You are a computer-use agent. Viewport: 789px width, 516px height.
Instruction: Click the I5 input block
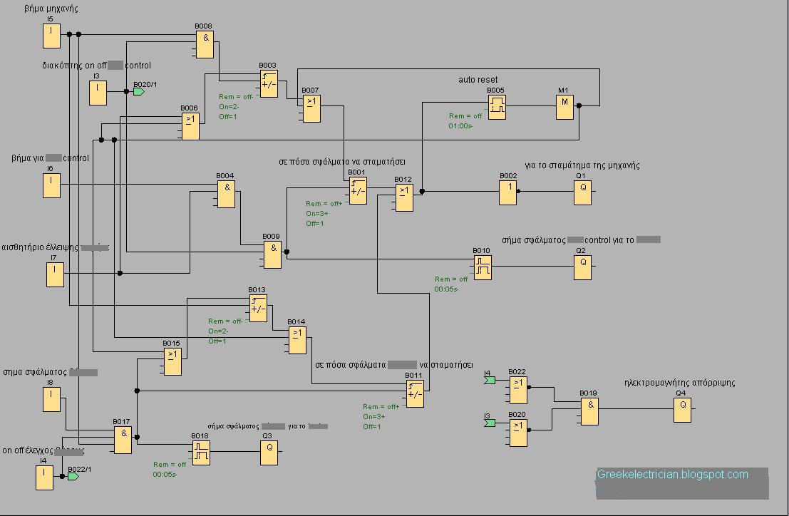(51, 36)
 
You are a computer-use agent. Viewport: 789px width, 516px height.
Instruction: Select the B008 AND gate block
(205, 44)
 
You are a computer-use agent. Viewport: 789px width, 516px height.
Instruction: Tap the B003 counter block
(269, 83)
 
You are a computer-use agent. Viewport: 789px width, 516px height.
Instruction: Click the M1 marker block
(564, 107)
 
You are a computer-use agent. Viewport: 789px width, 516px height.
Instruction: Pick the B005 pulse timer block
(497, 107)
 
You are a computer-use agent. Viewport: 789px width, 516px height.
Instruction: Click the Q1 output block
(582, 192)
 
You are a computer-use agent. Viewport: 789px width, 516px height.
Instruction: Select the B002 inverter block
(507, 192)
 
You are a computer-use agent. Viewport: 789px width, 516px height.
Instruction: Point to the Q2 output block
(582, 267)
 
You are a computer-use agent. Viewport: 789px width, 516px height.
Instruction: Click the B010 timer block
(483, 267)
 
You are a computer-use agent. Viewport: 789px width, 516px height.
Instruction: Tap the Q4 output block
(682, 410)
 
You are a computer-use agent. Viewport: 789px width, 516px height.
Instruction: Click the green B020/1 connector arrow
(139, 92)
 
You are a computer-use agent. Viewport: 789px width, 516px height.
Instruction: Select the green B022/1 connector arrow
(73, 476)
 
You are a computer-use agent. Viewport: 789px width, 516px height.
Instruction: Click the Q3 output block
(269, 453)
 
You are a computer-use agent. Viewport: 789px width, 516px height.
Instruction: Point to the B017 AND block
(123, 440)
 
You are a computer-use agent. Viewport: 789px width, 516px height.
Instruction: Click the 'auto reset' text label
(478, 79)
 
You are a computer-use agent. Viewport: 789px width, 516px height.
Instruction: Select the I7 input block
(55, 274)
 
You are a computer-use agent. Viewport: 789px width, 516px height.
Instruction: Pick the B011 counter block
(415, 393)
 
